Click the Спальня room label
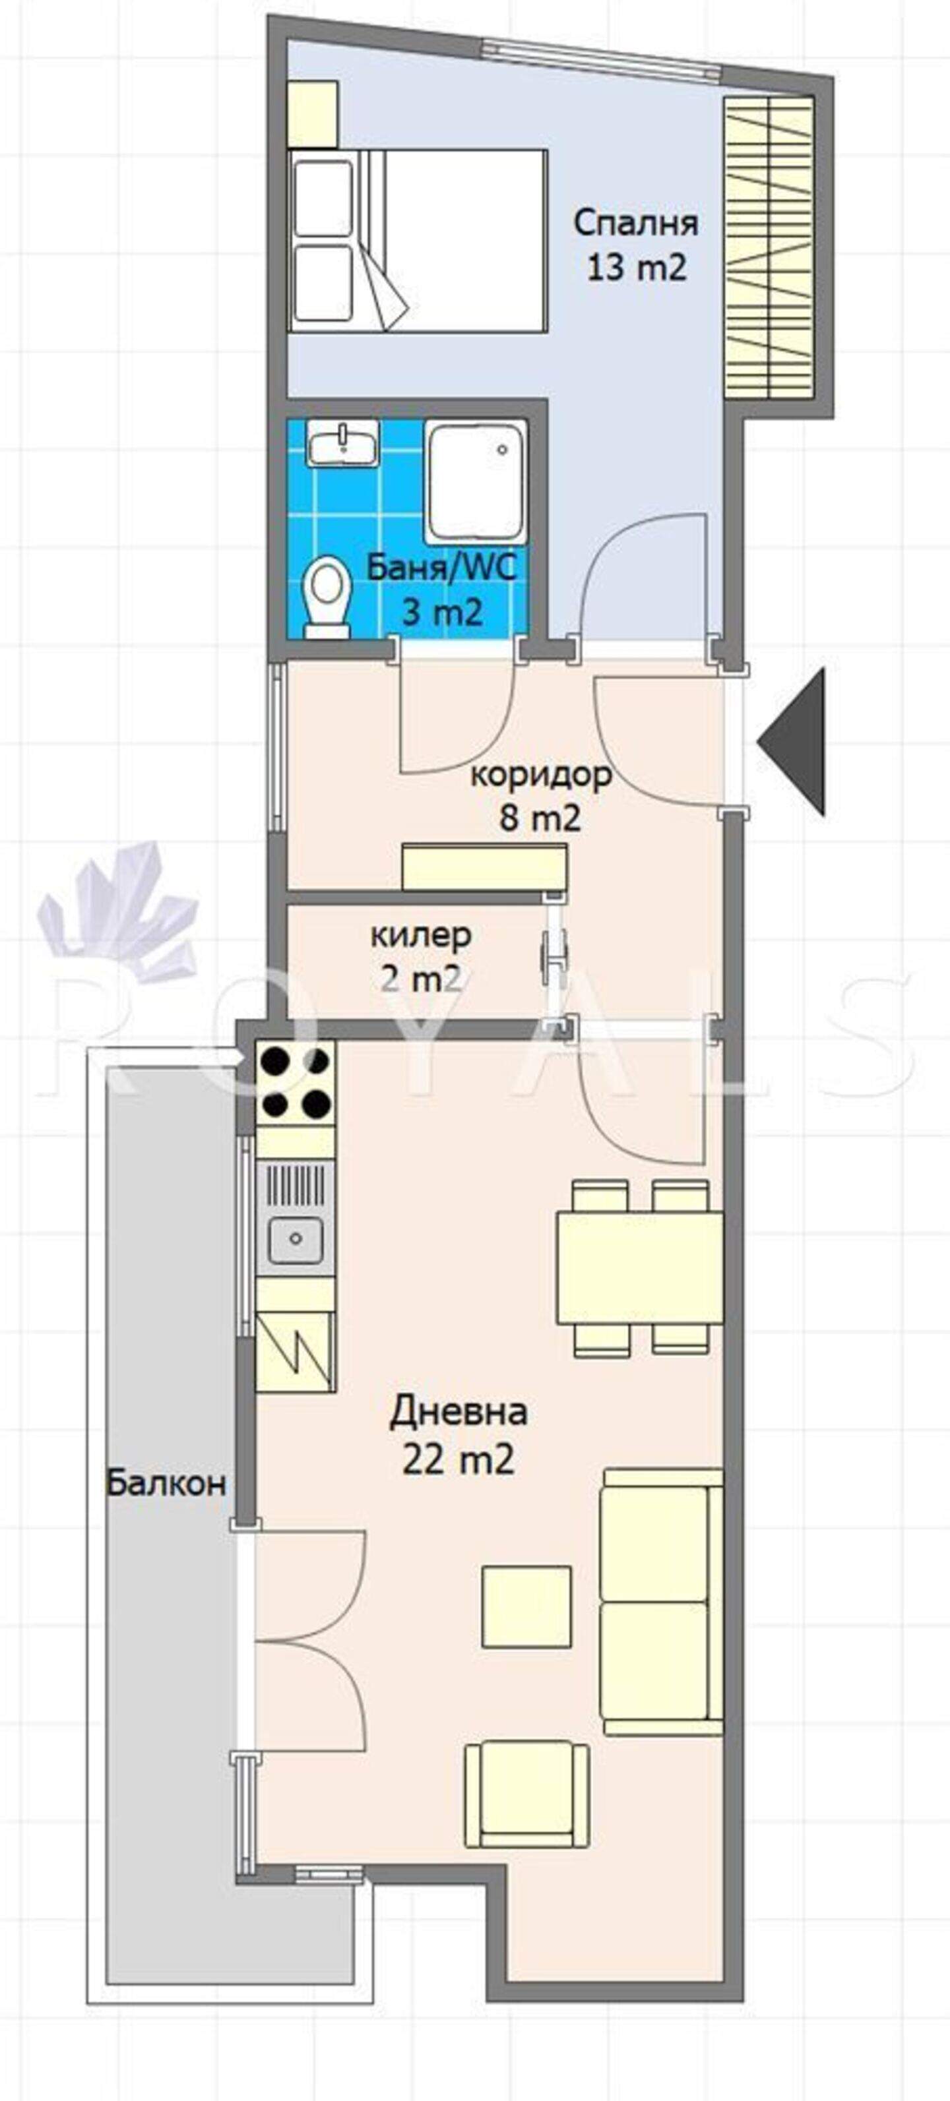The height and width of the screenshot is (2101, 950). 636,223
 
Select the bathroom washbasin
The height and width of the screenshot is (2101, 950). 343,444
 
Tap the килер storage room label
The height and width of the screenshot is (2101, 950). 421,934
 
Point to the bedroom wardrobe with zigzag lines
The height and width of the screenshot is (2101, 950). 770,247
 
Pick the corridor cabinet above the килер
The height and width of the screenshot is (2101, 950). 485,868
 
